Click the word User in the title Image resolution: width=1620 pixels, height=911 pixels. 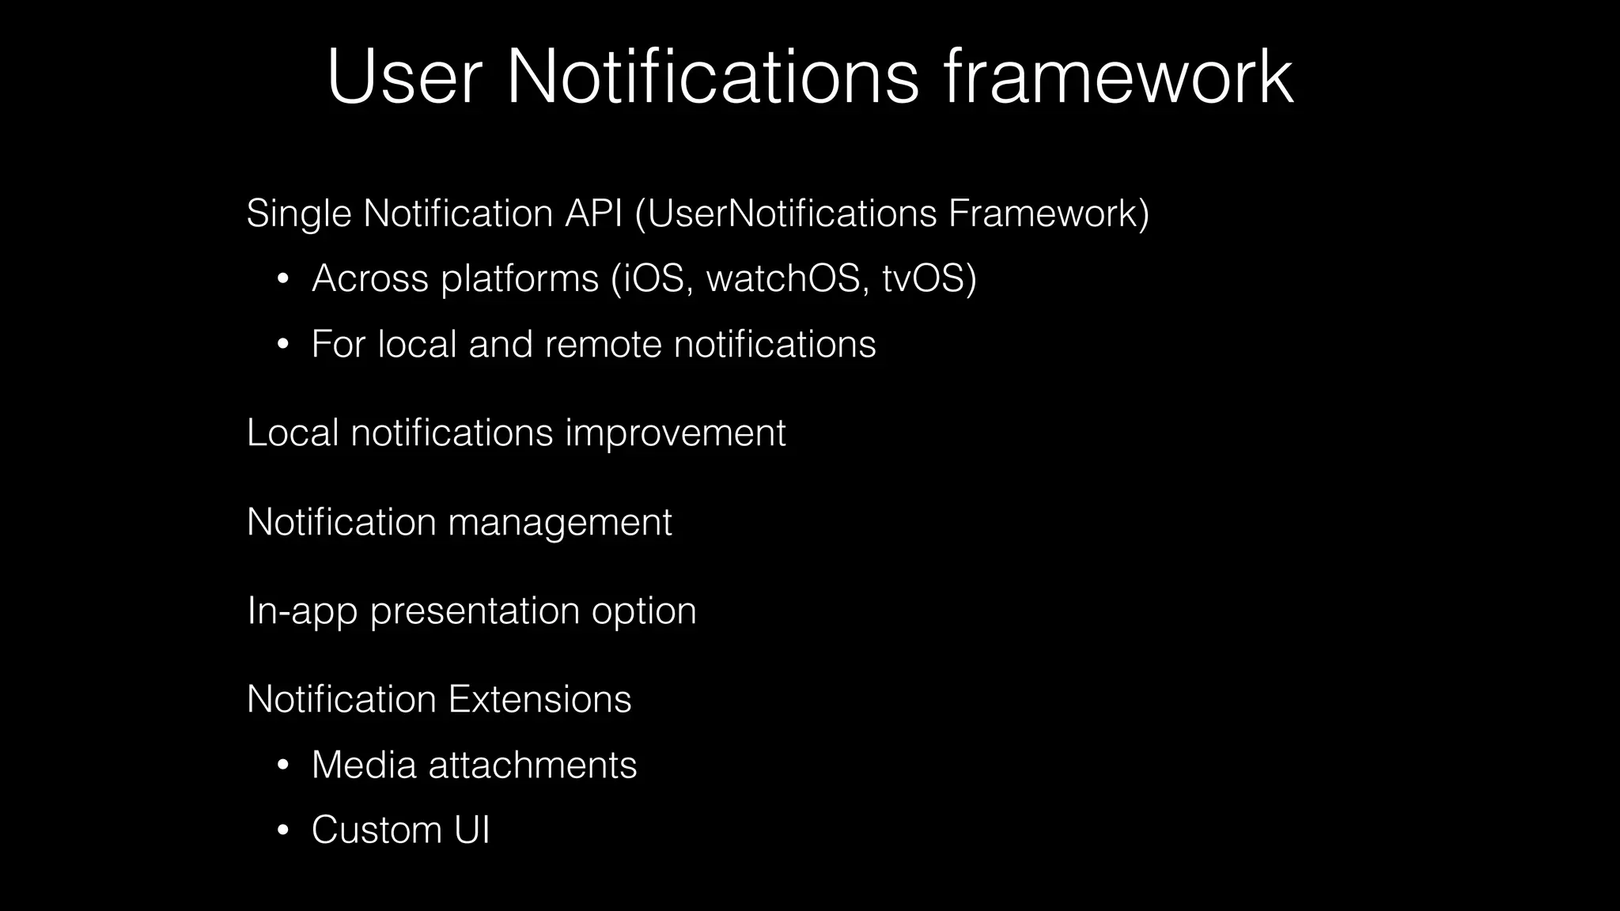[x=404, y=77]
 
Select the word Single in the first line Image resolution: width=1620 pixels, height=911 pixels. [x=298, y=214]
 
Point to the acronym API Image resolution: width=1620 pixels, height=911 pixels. [x=593, y=214]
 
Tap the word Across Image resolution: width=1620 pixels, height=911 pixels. [x=369, y=278]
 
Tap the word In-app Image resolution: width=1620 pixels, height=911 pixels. [x=302, y=611]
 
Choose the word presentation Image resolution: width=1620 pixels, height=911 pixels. [x=475, y=611]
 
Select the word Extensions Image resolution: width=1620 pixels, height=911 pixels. [x=539, y=699]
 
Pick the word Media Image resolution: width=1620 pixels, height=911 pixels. [x=363, y=765]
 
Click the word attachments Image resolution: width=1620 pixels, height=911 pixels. [x=532, y=765]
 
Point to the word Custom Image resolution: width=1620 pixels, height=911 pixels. [x=376, y=830]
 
